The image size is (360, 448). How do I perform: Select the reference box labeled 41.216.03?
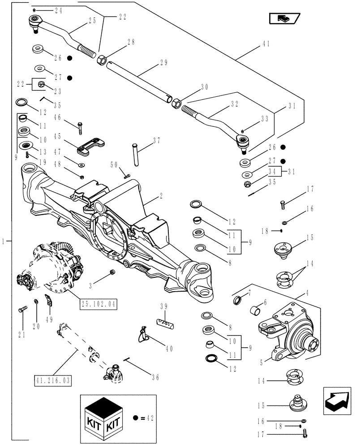click(x=52, y=380)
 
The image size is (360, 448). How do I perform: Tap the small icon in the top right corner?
click(x=283, y=18)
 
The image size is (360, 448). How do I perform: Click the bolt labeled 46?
click(x=81, y=127)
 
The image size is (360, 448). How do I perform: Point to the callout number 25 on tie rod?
click(x=92, y=21)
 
